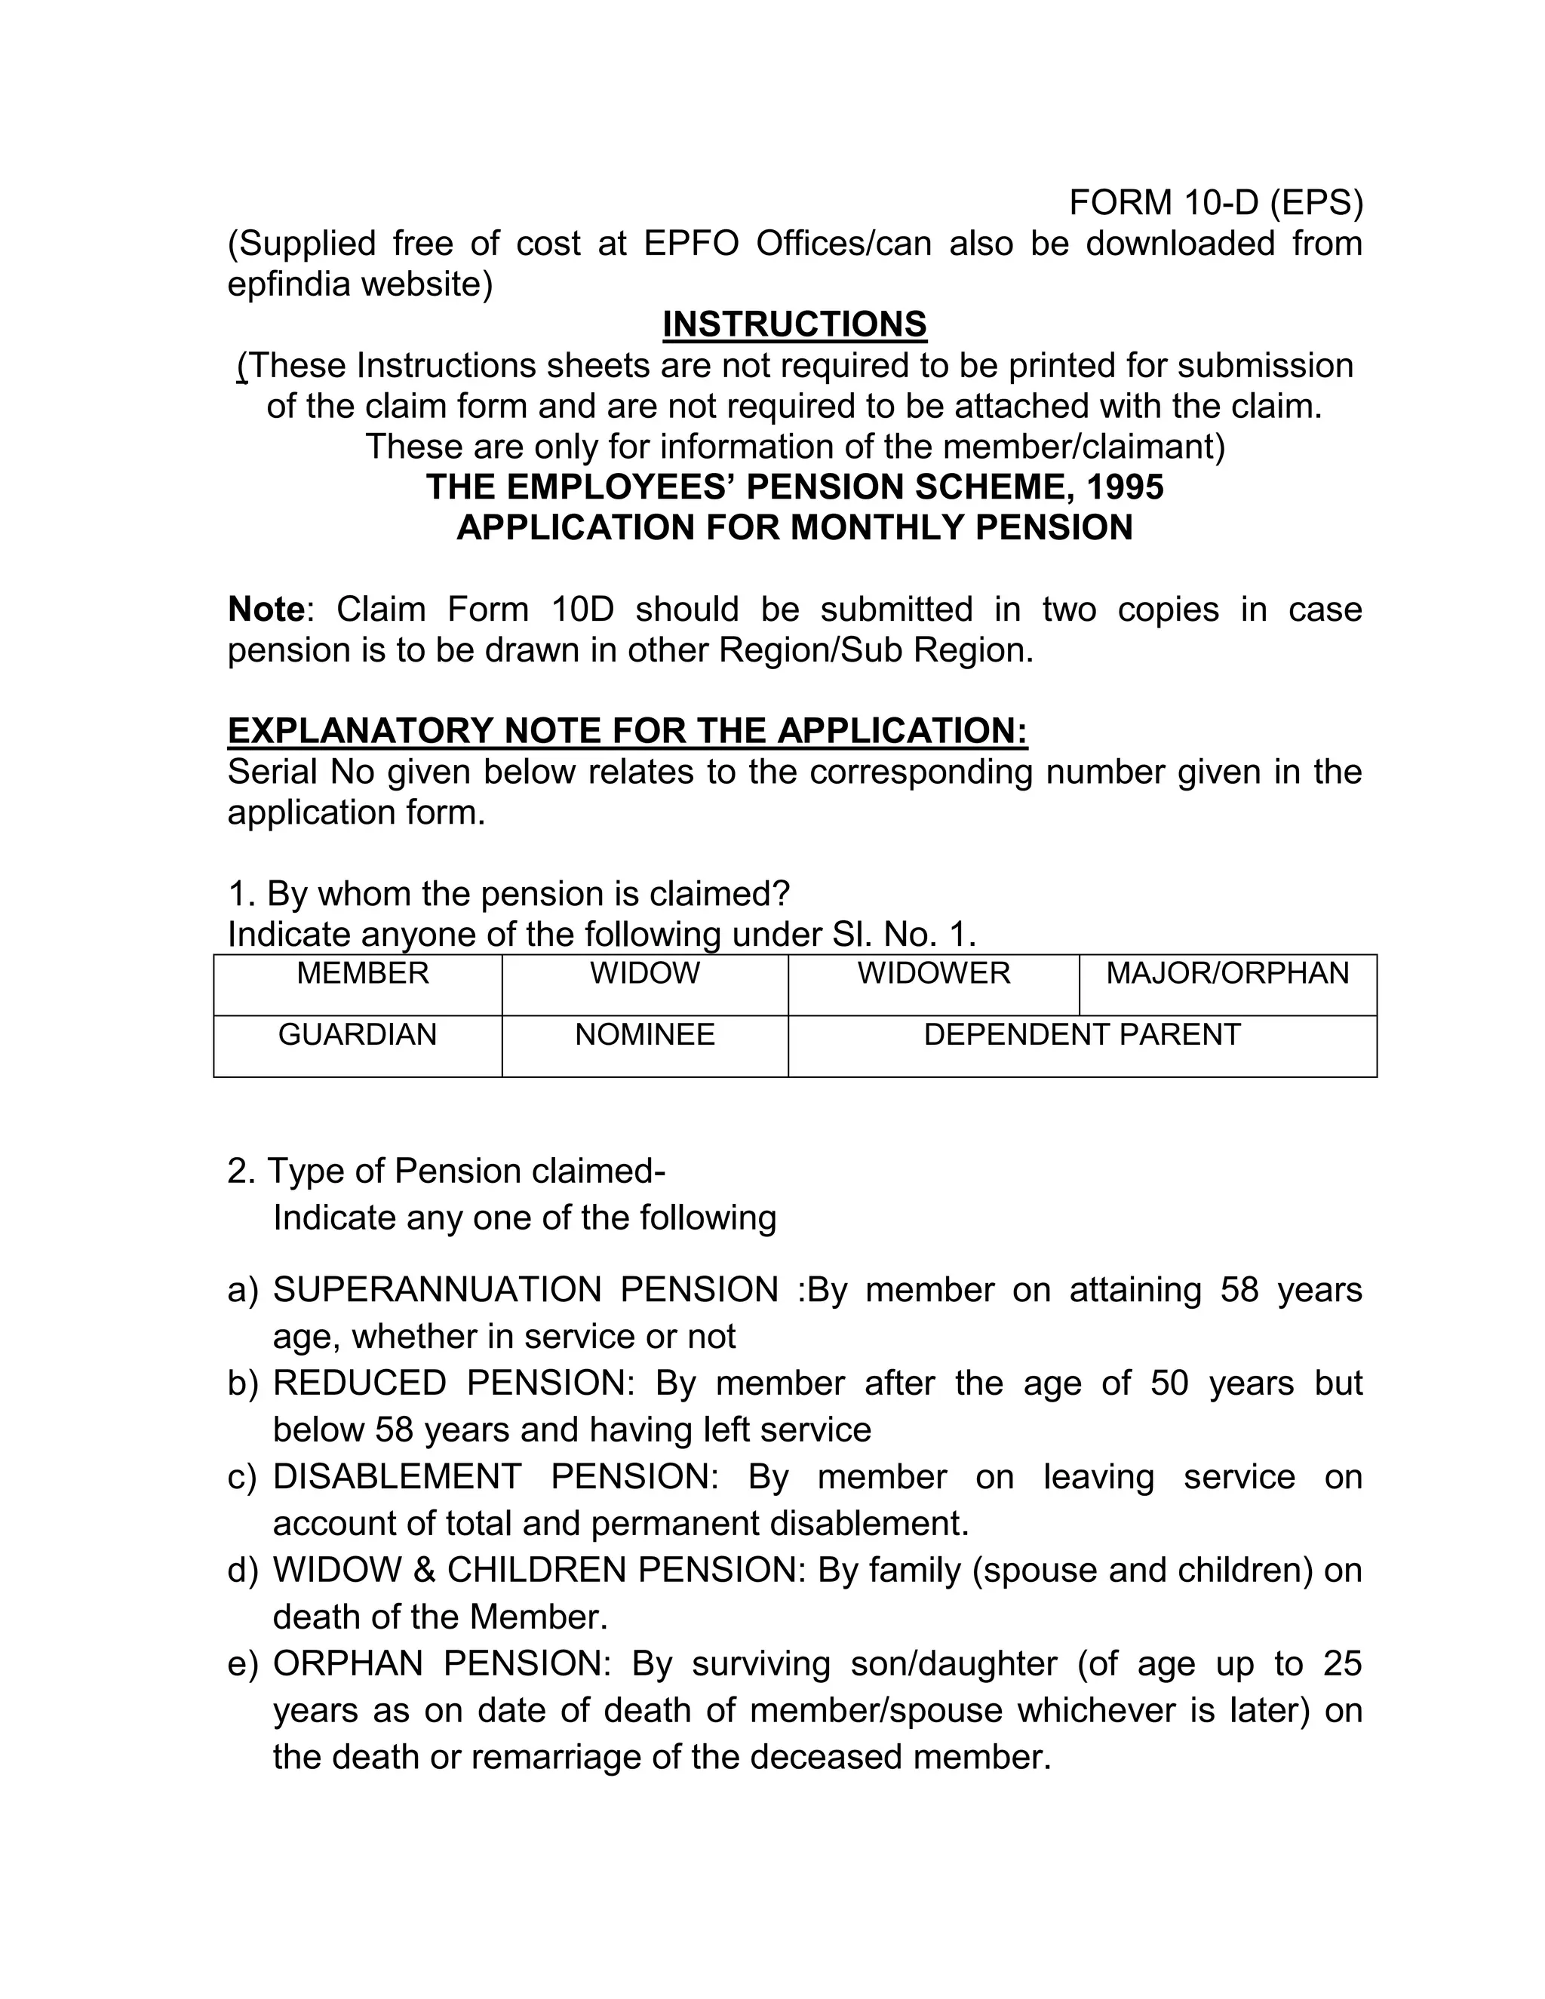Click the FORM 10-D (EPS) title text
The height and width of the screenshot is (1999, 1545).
1215,202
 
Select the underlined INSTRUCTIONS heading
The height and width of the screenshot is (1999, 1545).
794,325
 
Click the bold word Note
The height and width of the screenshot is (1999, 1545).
266,610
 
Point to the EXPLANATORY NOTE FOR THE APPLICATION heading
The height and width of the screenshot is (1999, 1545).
627,731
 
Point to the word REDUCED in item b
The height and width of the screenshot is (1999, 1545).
359,1383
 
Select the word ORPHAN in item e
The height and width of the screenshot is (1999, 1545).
348,1663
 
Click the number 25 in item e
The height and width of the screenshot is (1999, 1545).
1342,1663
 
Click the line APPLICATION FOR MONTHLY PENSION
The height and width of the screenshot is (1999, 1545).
794,528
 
